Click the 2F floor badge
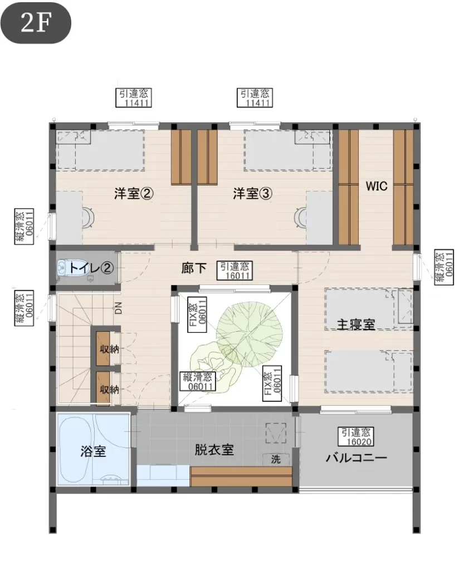(35, 22)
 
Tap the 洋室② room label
(134, 193)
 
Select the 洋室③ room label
(252, 193)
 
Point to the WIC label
(377, 186)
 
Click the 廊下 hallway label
(193, 268)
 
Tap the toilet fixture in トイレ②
(64, 268)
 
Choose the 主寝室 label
(355, 324)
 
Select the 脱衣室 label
(214, 450)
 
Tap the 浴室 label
(93, 451)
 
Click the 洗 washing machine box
(276, 459)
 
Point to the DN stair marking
(118, 308)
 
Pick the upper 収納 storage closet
(103, 349)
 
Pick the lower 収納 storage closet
(103, 389)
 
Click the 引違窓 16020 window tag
(356, 437)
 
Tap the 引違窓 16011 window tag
(235, 271)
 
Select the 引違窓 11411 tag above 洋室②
(134, 98)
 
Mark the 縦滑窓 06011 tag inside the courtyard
(198, 381)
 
